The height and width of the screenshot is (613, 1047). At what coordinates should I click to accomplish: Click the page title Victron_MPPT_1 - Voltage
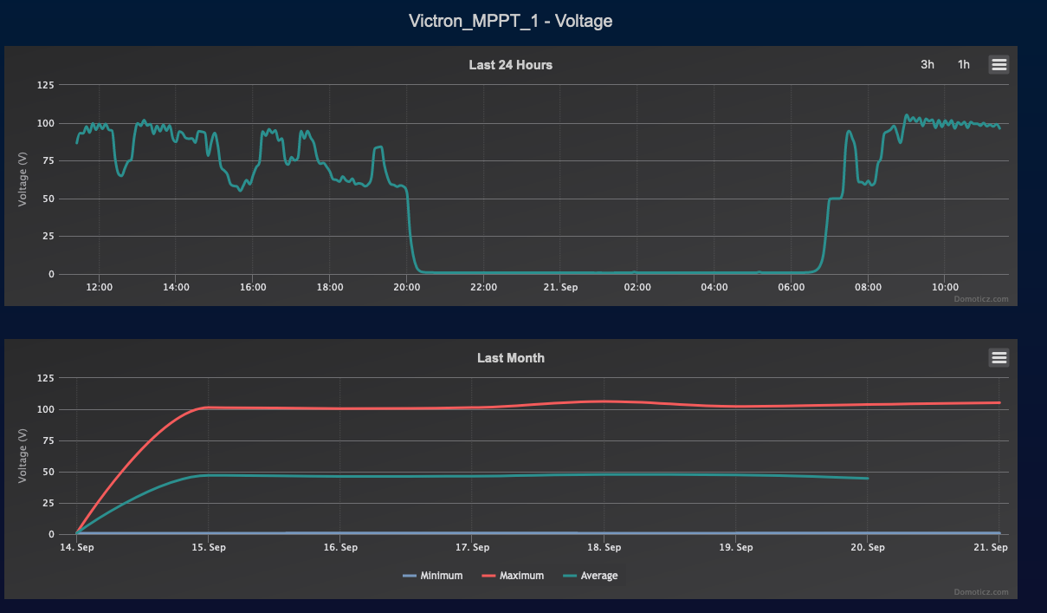(511, 21)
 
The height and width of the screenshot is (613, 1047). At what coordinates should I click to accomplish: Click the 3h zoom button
(927, 64)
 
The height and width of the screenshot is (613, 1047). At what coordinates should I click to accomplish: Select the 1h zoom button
(964, 64)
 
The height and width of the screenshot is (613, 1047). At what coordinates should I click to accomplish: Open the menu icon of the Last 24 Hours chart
(999, 64)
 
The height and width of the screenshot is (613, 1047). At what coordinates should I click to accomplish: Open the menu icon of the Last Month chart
(999, 357)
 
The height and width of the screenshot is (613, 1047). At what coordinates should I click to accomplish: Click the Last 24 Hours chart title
(510, 65)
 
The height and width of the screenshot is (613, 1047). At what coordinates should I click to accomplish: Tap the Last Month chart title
(510, 358)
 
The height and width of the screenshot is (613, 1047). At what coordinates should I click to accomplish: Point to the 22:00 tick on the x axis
(483, 287)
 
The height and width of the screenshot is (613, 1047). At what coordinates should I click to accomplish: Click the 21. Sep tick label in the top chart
(560, 287)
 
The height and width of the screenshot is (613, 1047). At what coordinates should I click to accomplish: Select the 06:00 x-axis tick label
(792, 287)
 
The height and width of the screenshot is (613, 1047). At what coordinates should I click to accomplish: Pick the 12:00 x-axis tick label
(100, 287)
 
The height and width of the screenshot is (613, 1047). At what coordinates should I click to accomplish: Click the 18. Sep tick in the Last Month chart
(604, 547)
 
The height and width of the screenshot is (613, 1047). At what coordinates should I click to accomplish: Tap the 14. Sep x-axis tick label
(76, 547)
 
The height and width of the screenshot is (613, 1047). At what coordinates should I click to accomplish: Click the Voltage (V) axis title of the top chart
(23, 179)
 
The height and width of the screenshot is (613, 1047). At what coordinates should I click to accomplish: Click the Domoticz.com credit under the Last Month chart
(982, 592)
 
